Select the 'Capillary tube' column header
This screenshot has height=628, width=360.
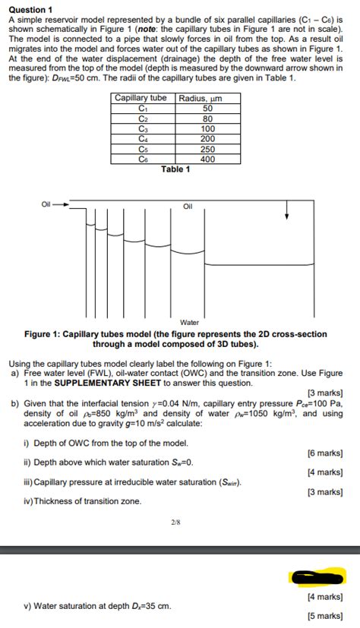click(x=141, y=98)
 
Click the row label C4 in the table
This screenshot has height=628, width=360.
click(x=141, y=139)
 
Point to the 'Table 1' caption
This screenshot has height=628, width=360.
click(x=175, y=169)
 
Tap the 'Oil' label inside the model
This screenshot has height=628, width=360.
click(x=188, y=206)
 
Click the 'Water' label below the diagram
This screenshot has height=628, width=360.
click(x=189, y=322)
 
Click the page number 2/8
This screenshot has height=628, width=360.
click(x=175, y=522)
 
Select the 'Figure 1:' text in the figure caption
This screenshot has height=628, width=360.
click(x=45, y=334)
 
